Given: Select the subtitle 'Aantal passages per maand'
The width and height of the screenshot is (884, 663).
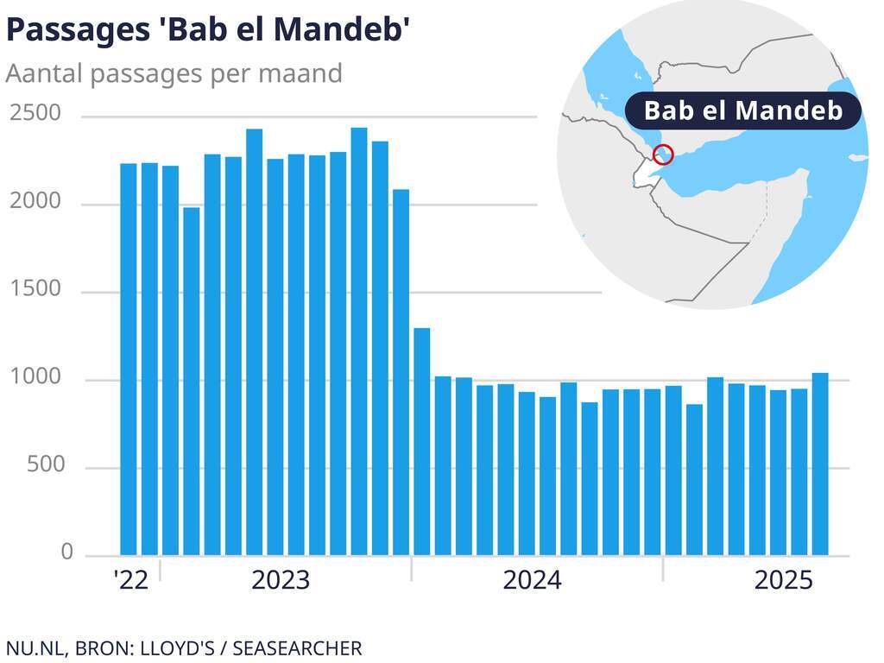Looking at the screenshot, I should coord(174,73).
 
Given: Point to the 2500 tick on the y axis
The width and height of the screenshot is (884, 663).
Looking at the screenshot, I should coord(36,114).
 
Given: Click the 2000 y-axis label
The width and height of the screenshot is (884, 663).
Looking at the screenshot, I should coord(36,202).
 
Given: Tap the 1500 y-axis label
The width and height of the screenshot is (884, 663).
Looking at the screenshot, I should coord(36,289).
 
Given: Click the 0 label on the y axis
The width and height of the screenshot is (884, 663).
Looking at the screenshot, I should coord(66,552).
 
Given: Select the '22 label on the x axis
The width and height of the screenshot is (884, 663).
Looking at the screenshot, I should coord(130,580).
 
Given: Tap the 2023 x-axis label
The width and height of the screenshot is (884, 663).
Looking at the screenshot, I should coord(280,580).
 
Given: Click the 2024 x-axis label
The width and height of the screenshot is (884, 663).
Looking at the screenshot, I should coord(532,580).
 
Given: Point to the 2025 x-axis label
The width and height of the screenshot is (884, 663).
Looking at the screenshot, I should coord(783,580).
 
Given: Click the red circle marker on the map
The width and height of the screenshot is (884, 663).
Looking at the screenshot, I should coord(663,155).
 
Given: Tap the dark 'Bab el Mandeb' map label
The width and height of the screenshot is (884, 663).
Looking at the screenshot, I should coord(742,110).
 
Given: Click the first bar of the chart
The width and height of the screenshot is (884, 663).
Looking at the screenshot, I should coord(129,359).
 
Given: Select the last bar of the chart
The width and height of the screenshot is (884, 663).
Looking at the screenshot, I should coord(820,464).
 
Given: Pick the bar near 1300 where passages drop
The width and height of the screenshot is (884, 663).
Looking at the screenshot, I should coord(422,441).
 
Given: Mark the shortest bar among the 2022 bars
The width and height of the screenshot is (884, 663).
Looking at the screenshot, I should coord(192,381).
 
